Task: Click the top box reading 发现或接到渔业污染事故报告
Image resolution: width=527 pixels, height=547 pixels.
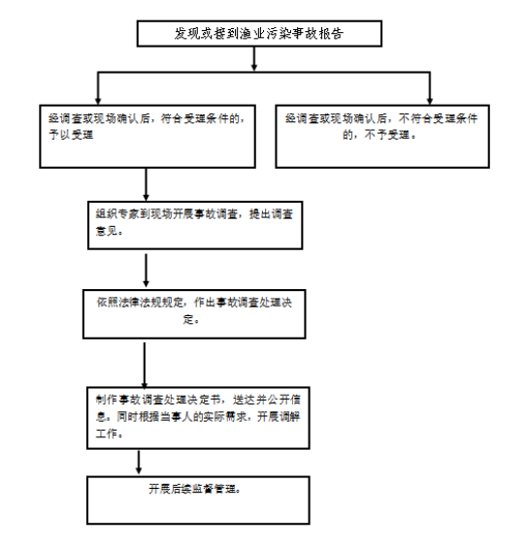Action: tap(259, 34)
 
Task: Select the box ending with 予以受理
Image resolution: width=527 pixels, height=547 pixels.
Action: tap(148, 137)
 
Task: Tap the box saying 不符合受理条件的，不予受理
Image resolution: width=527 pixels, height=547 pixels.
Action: tap(382, 137)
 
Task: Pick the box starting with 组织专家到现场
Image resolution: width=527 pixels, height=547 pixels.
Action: tap(195, 225)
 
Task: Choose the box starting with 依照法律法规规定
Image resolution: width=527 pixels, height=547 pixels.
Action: tap(194, 314)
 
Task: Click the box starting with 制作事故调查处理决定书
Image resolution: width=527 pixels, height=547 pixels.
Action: tap(198, 418)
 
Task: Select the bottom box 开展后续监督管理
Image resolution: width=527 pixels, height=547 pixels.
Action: tap(198, 500)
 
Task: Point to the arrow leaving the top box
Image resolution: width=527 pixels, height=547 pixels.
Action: tap(254, 58)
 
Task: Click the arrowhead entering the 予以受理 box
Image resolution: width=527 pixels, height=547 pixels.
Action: tap(98, 101)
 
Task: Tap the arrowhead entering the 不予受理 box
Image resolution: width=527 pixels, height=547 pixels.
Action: tap(430, 101)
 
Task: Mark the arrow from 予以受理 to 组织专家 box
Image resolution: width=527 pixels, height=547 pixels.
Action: tap(147, 184)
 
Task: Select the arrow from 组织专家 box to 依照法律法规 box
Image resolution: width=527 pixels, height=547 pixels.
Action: tap(147, 271)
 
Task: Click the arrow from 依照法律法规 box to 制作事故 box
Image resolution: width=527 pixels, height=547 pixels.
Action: tap(145, 365)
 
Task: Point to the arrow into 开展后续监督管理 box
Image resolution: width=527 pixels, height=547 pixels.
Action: tap(139, 462)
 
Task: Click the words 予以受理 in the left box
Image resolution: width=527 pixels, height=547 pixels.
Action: tap(71, 135)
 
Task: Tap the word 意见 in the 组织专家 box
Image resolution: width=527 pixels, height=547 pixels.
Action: tap(107, 231)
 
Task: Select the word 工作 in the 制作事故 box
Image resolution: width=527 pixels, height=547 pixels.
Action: tap(107, 434)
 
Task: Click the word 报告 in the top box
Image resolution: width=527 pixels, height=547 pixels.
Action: tap(332, 34)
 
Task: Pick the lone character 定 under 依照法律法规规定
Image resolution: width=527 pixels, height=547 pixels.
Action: tap(188, 319)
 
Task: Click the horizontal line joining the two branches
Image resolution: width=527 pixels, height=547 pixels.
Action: tap(264, 72)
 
